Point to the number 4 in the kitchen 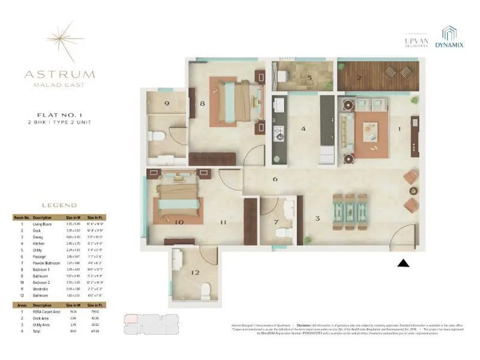pos(304,128)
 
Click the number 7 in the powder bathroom pos(276,224)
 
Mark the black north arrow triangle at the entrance pos(404,263)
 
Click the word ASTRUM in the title pos(59,75)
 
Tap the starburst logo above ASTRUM pos(59,41)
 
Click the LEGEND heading pos(59,205)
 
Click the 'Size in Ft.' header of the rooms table pos(94,217)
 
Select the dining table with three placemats pos(349,211)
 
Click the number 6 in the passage pos(275,179)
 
